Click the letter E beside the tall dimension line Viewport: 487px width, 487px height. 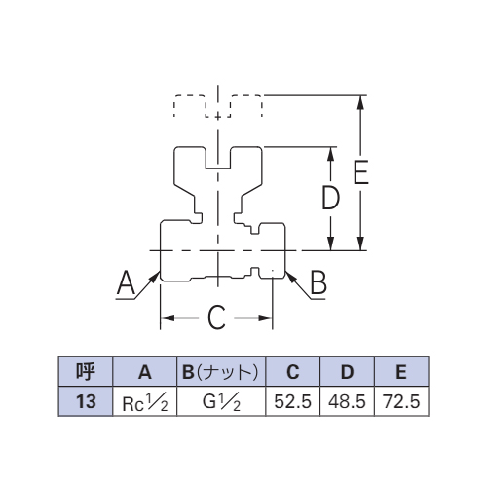(x=361, y=172)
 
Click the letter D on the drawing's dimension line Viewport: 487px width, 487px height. (x=330, y=197)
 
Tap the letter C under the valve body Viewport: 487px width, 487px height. (x=216, y=318)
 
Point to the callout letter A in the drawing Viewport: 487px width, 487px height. (x=126, y=282)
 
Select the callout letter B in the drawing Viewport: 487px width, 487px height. (x=318, y=282)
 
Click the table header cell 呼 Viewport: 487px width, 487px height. (x=86, y=371)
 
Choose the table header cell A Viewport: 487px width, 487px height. (x=145, y=371)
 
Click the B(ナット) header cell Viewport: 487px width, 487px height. (x=221, y=371)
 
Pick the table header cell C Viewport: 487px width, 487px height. (x=293, y=371)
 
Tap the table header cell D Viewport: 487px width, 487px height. (x=347, y=371)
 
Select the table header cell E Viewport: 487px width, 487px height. (x=401, y=371)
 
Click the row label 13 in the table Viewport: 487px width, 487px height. (x=86, y=401)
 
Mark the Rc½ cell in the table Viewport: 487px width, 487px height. (x=145, y=402)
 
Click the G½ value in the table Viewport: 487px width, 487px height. (x=221, y=402)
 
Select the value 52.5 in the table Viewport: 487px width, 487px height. (x=292, y=401)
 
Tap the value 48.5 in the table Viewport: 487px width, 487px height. (x=347, y=401)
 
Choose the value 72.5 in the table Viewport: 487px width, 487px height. (x=401, y=401)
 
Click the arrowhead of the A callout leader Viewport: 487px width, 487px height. (x=155, y=277)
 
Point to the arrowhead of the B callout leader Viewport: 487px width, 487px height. (x=290, y=277)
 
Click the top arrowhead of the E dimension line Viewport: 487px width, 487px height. (x=360, y=103)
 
